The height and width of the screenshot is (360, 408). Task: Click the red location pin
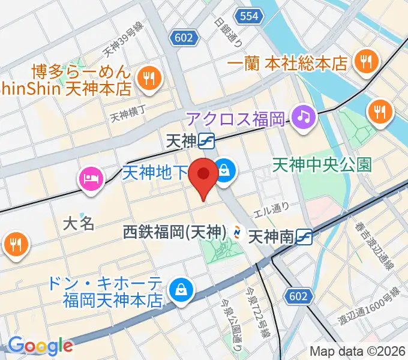click(x=203, y=176)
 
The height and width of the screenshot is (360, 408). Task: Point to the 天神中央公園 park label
click(x=322, y=163)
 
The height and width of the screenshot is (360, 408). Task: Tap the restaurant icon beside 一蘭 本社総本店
click(x=364, y=61)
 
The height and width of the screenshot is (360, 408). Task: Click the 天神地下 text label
click(x=155, y=173)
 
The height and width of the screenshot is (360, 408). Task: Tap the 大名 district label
click(x=79, y=224)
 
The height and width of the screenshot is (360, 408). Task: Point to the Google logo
click(x=40, y=346)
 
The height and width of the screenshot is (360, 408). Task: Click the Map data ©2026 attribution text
click(x=357, y=351)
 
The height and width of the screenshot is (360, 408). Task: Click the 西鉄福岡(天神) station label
click(x=175, y=231)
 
